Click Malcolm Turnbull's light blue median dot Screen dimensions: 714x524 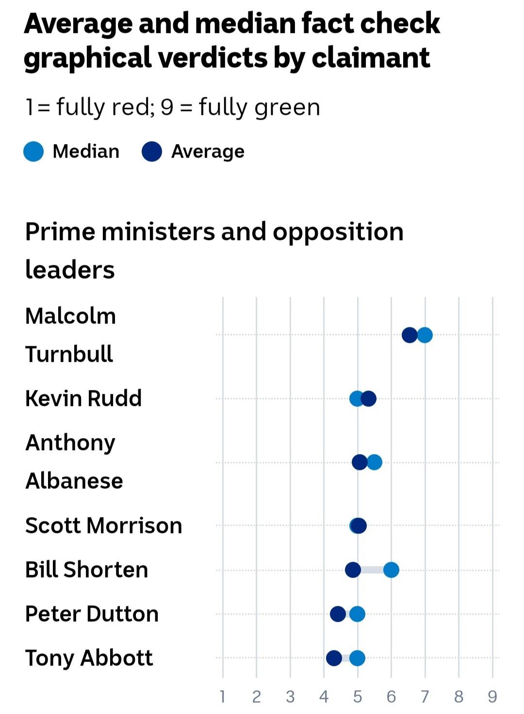pyautogui.click(x=425, y=335)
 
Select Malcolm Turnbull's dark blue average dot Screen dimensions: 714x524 pyautogui.click(x=409, y=335)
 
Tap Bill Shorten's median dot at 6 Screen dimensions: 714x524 pyautogui.click(x=391, y=570)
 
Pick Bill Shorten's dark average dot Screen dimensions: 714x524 pyautogui.click(x=353, y=570)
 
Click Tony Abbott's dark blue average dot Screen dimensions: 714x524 pyautogui.click(x=334, y=658)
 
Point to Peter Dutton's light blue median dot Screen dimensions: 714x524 pyautogui.click(x=357, y=614)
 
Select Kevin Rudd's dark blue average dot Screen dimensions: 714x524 pyautogui.click(x=369, y=399)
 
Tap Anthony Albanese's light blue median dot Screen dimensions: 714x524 pyautogui.click(x=375, y=462)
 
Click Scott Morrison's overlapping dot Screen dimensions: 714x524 pyautogui.click(x=358, y=525)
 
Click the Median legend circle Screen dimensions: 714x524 pyautogui.click(x=33, y=151)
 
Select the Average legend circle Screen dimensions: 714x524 pyautogui.click(x=151, y=151)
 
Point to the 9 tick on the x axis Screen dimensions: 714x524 pyautogui.click(x=492, y=697)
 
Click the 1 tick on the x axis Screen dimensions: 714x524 pyautogui.click(x=222, y=697)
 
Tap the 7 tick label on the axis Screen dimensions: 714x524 pyautogui.click(x=425, y=697)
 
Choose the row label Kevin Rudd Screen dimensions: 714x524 pyautogui.click(x=83, y=398)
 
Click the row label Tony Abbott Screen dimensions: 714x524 pyautogui.click(x=89, y=658)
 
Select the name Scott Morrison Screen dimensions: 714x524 pyautogui.click(x=103, y=525)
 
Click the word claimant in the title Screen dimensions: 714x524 pyautogui.click(x=370, y=58)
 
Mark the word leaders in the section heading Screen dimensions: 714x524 pyautogui.click(x=70, y=270)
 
